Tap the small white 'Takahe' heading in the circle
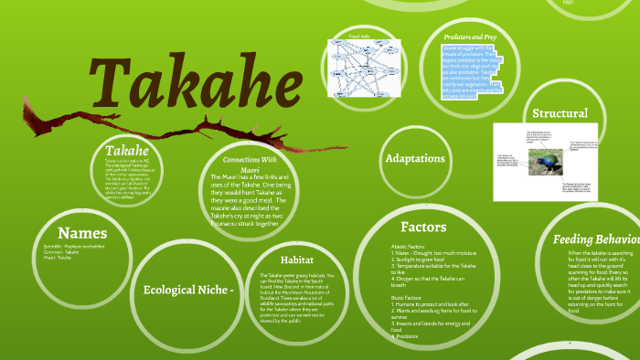coord(126,149)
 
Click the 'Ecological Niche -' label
coord(189,290)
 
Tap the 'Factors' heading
coord(423,226)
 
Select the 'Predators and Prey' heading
coord(474,36)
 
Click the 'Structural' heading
coord(560,113)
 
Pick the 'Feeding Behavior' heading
coord(595,239)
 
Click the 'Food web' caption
coord(359,37)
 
